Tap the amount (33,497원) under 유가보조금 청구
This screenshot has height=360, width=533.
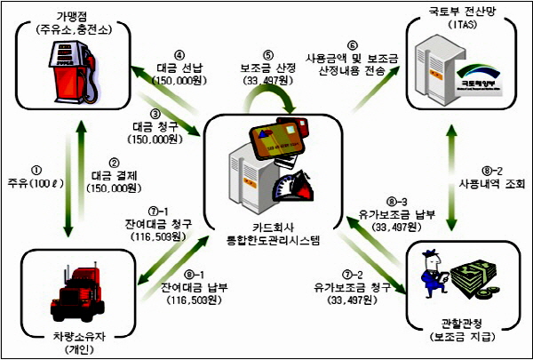point(359,300)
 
